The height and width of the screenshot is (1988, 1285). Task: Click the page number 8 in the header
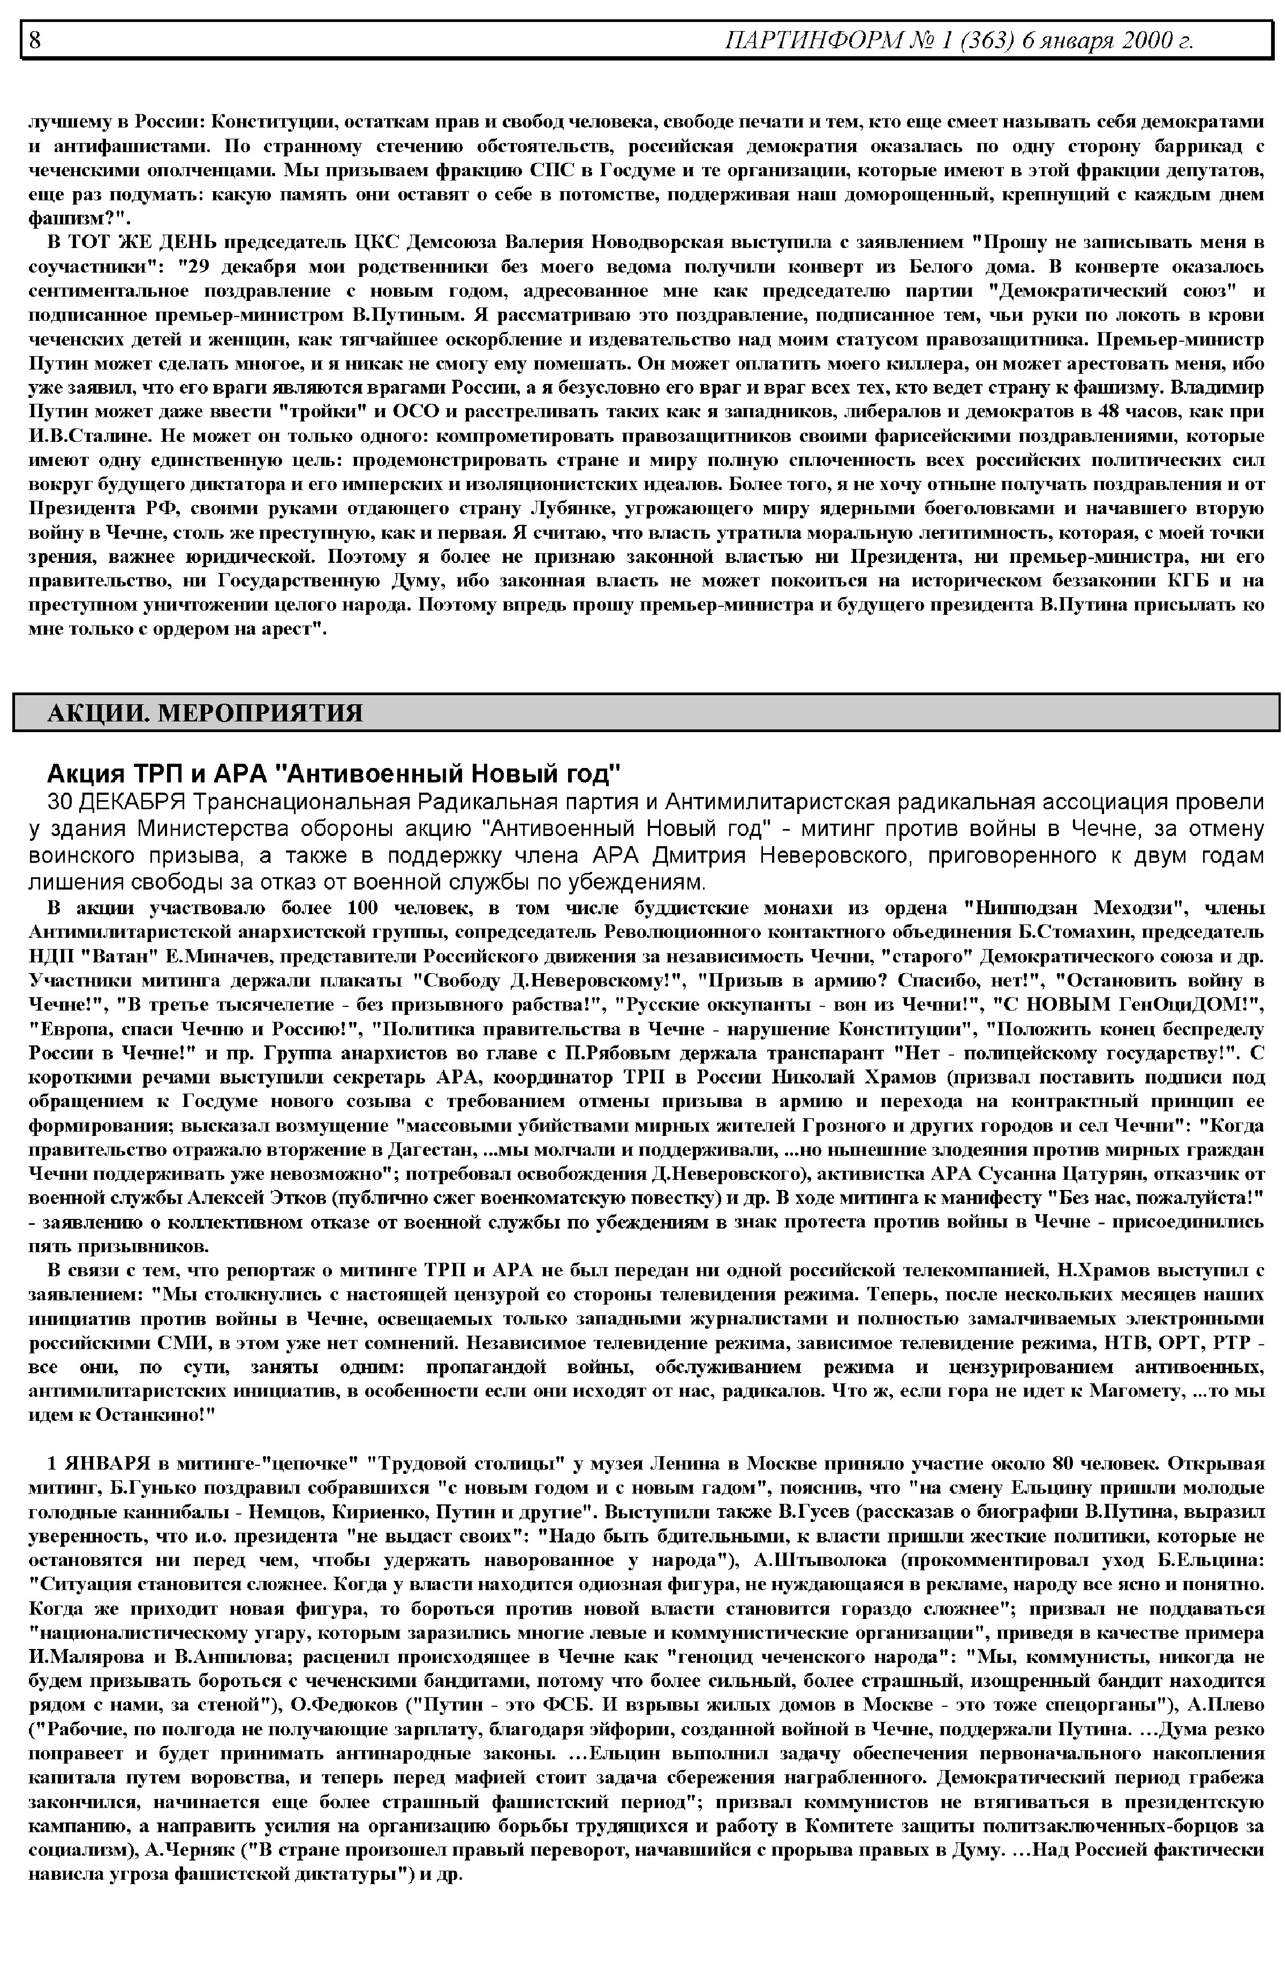pyautogui.click(x=35, y=39)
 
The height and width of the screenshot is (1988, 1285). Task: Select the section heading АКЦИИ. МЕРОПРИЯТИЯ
pyautogui.click(x=205, y=713)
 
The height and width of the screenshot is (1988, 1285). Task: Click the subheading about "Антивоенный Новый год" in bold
pyautogui.click(x=334, y=774)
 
